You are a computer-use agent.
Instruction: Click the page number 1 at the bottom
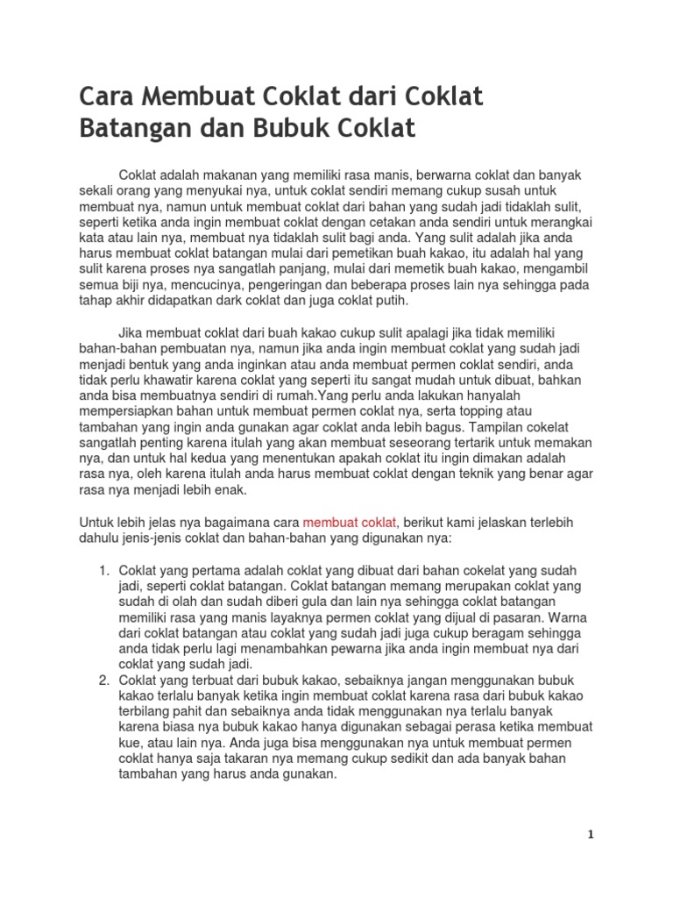tap(591, 835)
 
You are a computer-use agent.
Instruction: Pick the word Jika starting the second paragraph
tap(129, 332)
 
